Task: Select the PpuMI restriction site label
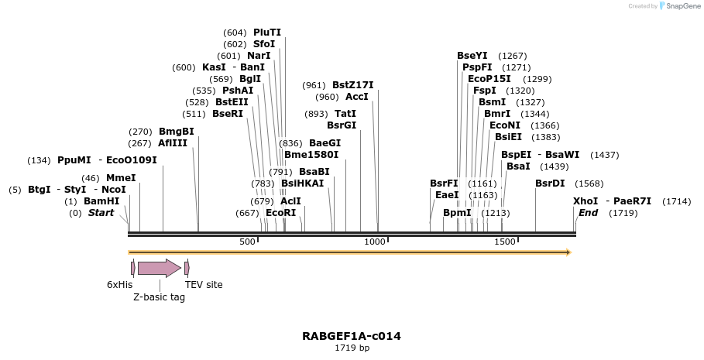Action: point(74,160)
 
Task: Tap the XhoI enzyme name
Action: point(586,201)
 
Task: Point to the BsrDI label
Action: point(550,183)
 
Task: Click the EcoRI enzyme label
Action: point(280,212)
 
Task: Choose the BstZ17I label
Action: point(352,85)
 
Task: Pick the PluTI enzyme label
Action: point(267,33)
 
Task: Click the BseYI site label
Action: point(472,56)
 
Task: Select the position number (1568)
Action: point(589,183)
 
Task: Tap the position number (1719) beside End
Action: point(623,213)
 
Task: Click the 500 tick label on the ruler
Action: point(247,242)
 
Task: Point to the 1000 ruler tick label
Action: point(375,242)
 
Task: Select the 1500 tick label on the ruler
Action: point(504,242)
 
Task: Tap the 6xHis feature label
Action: point(119,285)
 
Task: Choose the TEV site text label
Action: point(204,285)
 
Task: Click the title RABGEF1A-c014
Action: point(352,336)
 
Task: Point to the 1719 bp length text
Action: point(352,348)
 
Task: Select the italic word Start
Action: point(101,213)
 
